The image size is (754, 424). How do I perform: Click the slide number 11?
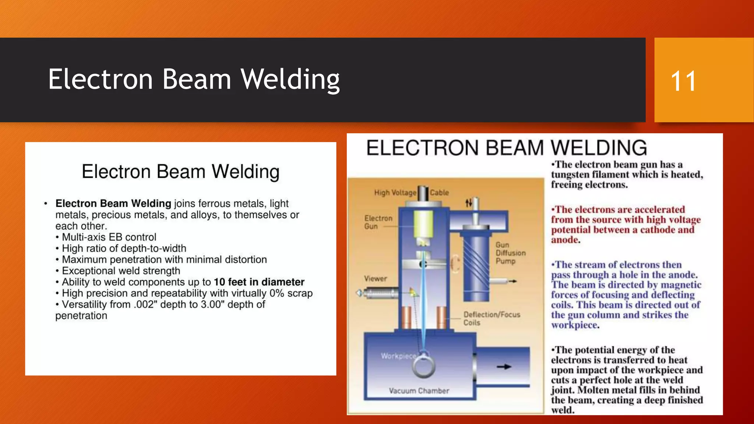pos(683,81)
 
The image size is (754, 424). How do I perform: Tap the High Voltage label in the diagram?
pos(395,192)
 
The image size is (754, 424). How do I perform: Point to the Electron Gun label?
pos(378,222)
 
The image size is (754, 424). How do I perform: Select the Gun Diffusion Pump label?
pos(510,253)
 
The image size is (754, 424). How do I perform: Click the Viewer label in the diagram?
pos(375,279)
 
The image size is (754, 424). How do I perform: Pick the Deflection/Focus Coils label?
pos(491,318)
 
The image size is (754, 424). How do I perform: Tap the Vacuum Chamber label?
pos(419,391)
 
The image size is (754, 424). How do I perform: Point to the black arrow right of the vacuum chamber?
pos(504,367)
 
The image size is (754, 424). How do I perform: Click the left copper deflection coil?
pos(406,317)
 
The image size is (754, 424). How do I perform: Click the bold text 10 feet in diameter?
pos(259,282)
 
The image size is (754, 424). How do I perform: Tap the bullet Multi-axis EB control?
pos(109,237)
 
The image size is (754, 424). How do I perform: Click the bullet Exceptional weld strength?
pos(121,271)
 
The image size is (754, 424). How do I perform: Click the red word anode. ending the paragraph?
pos(565,240)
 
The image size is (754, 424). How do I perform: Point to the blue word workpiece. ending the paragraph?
pos(575,325)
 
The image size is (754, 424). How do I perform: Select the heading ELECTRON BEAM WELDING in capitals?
pos(506,148)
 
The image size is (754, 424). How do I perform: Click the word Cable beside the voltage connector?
pos(439,192)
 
